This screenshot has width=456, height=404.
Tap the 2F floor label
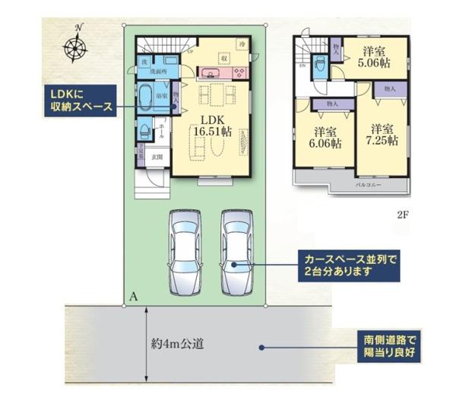click(x=402, y=215)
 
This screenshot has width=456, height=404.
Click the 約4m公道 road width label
click(x=177, y=343)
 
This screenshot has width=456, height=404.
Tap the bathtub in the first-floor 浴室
click(x=145, y=97)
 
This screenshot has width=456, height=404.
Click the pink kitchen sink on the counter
click(x=210, y=74)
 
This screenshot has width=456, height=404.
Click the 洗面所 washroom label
click(x=158, y=72)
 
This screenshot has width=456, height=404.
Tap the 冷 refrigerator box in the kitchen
click(x=242, y=44)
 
